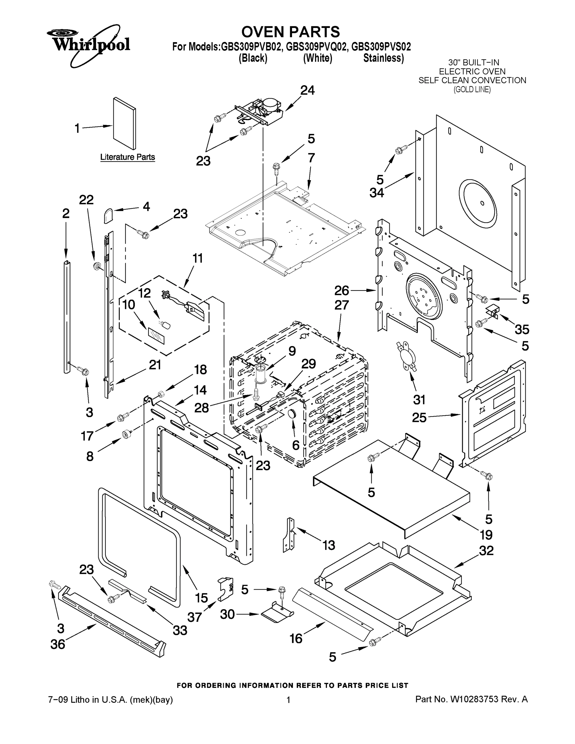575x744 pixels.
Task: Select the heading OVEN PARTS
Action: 290,32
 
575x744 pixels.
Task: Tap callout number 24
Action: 307,90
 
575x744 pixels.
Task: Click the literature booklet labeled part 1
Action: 124,123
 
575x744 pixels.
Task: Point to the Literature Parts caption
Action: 127,157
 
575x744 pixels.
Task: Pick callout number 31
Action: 419,399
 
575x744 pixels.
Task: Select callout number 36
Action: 58,644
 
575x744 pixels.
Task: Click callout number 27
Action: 341,305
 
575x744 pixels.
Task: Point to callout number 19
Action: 486,535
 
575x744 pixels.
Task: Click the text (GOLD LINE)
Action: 472,90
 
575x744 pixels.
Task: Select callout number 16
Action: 296,638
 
